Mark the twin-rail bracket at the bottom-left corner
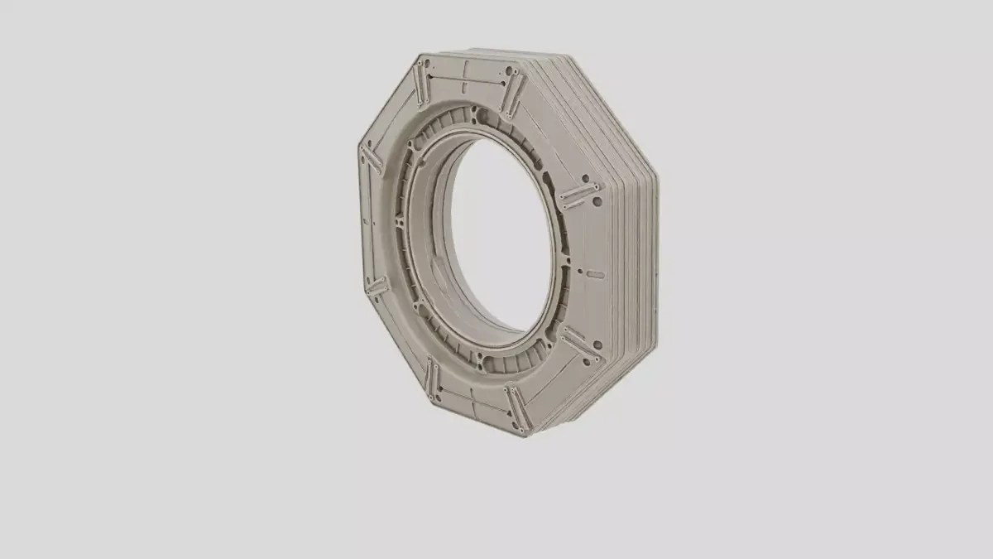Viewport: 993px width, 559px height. (x=431, y=380)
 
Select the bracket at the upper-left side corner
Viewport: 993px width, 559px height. (x=370, y=158)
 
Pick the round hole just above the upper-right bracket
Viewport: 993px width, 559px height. (x=585, y=177)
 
